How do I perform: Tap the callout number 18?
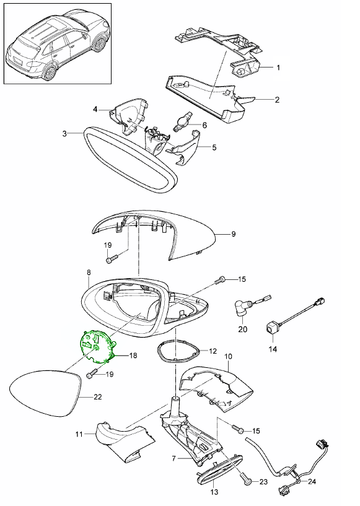[x=133, y=356]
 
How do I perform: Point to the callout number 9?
[x=234, y=234]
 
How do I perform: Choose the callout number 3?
[x=65, y=133]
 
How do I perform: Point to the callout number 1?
[x=278, y=67]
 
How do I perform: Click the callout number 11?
[x=79, y=435]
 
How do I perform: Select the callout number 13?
[x=214, y=492]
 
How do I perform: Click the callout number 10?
[x=227, y=357]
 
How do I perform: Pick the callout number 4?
[x=95, y=110]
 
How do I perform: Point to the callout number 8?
[x=89, y=272]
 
